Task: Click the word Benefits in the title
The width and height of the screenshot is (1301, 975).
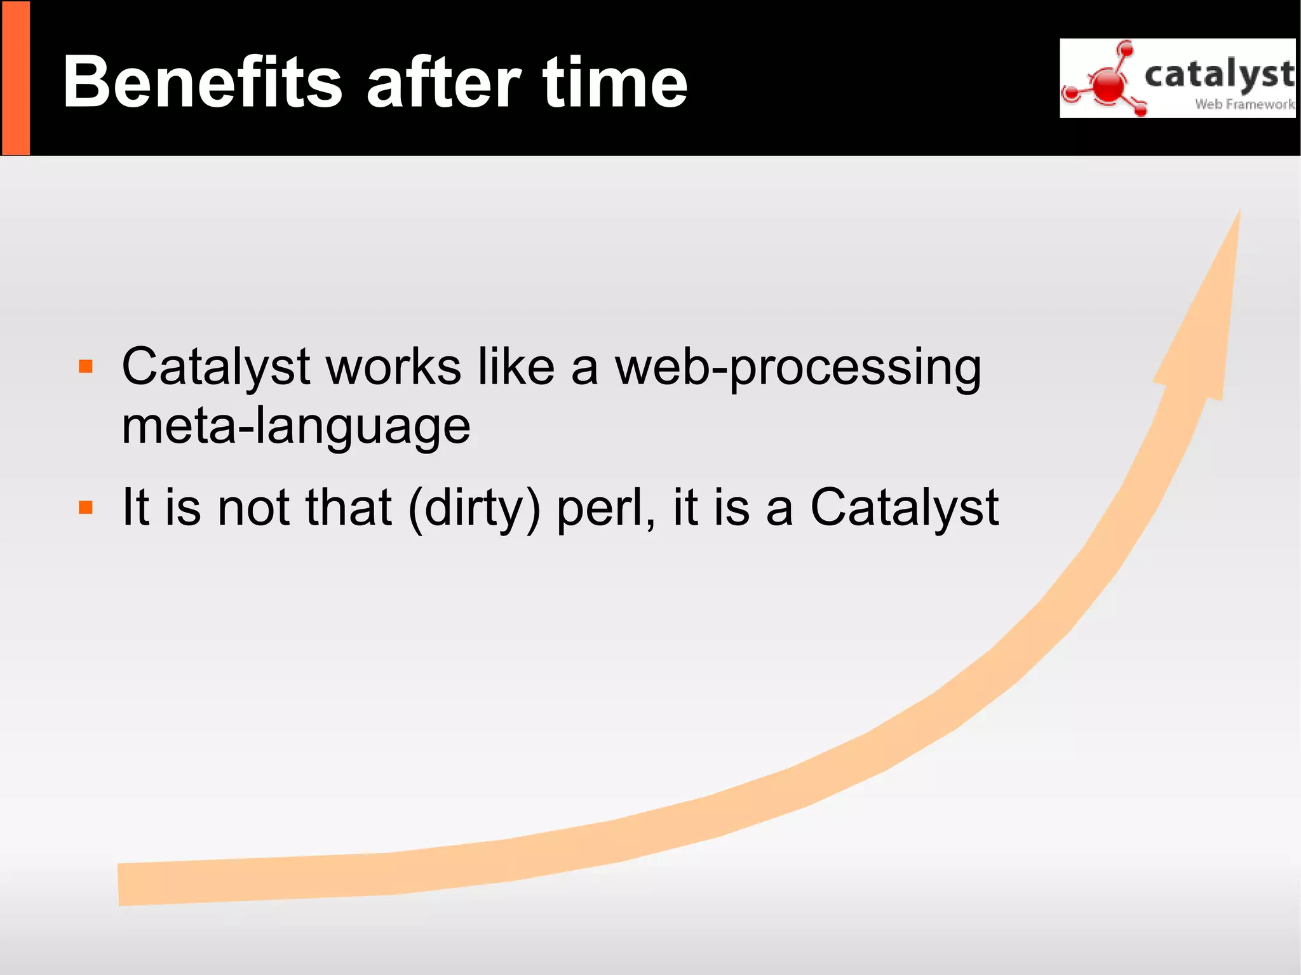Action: pos(203,82)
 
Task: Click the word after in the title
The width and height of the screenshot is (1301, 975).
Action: pos(444,82)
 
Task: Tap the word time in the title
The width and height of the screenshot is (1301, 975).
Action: pos(615,82)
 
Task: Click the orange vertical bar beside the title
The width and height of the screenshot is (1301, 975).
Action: pos(15,78)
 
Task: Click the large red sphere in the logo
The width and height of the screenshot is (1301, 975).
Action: pos(1109,85)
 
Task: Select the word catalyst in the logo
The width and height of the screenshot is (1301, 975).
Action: pos(1218,74)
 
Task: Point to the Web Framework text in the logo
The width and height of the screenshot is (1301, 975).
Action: pos(1244,104)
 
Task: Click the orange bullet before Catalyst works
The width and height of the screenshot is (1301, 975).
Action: pos(86,366)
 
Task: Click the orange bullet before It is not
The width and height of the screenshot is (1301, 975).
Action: pos(86,507)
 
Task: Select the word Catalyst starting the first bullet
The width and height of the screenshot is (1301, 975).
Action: pos(216,367)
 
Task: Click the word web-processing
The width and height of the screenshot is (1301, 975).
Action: pos(797,368)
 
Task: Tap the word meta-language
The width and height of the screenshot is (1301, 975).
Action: pos(296,427)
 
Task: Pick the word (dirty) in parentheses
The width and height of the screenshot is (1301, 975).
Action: pos(474,508)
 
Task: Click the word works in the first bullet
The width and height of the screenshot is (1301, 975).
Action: pos(393,367)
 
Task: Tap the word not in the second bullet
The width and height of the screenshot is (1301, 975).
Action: pos(253,508)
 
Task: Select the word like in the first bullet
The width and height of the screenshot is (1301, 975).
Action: pos(516,367)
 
